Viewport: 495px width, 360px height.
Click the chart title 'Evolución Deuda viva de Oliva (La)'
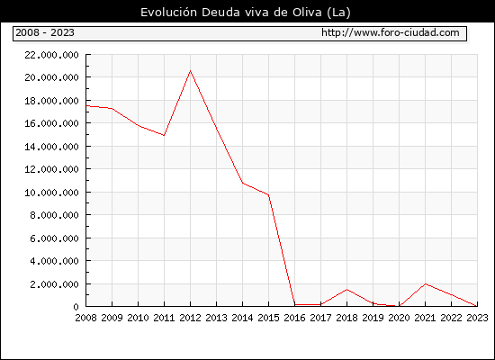pyautogui.click(x=246, y=13)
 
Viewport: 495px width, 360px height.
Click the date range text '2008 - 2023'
pyautogui.click(x=45, y=32)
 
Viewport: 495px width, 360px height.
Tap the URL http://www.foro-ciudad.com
pyautogui.click(x=391, y=32)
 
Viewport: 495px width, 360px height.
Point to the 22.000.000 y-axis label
pyautogui.click(x=51, y=55)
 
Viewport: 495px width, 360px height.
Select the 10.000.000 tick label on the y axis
pyautogui.click(x=51, y=193)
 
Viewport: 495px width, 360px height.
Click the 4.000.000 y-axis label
pyautogui.click(x=54, y=261)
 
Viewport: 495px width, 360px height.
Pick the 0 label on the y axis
pyautogui.click(x=76, y=307)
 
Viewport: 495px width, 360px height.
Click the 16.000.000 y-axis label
pyautogui.click(x=51, y=123)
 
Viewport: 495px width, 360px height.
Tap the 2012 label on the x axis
pyautogui.click(x=190, y=318)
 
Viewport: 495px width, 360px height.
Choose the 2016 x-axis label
pyautogui.click(x=294, y=318)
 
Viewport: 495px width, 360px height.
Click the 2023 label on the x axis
pyautogui.click(x=477, y=318)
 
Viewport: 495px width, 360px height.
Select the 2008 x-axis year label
pyautogui.click(x=85, y=318)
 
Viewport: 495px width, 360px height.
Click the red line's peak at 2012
pyautogui.click(x=190, y=71)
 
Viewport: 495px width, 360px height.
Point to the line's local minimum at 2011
pyautogui.click(x=164, y=136)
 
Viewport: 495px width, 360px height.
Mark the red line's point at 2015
pyautogui.click(x=269, y=195)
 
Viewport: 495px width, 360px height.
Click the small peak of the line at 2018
pyautogui.click(x=346, y=289)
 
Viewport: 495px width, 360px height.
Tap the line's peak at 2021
pyautogui.click(x=425, y=283)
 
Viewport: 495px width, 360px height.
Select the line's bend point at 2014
pyautogui.click(x=242, y=183)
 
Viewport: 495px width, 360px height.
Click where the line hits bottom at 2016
pyautogui.click(x=295, y=304)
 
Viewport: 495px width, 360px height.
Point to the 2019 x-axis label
pyautogui.click(x=373, y=318)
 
